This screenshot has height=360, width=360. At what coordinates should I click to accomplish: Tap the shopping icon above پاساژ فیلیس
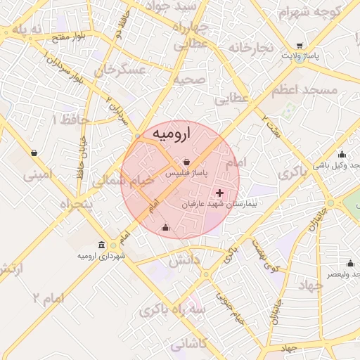186,161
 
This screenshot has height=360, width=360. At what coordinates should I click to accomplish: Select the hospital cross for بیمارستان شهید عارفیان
219,192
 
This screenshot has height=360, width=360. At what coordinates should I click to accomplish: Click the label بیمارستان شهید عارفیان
217,204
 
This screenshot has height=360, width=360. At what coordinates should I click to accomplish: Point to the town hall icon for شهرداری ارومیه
103,245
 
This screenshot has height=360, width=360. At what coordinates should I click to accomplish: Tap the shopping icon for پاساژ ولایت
300,44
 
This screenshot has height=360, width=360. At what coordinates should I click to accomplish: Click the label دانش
184,260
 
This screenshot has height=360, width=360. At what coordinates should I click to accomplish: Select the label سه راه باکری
172,310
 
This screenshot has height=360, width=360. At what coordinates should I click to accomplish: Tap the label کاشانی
189,344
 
